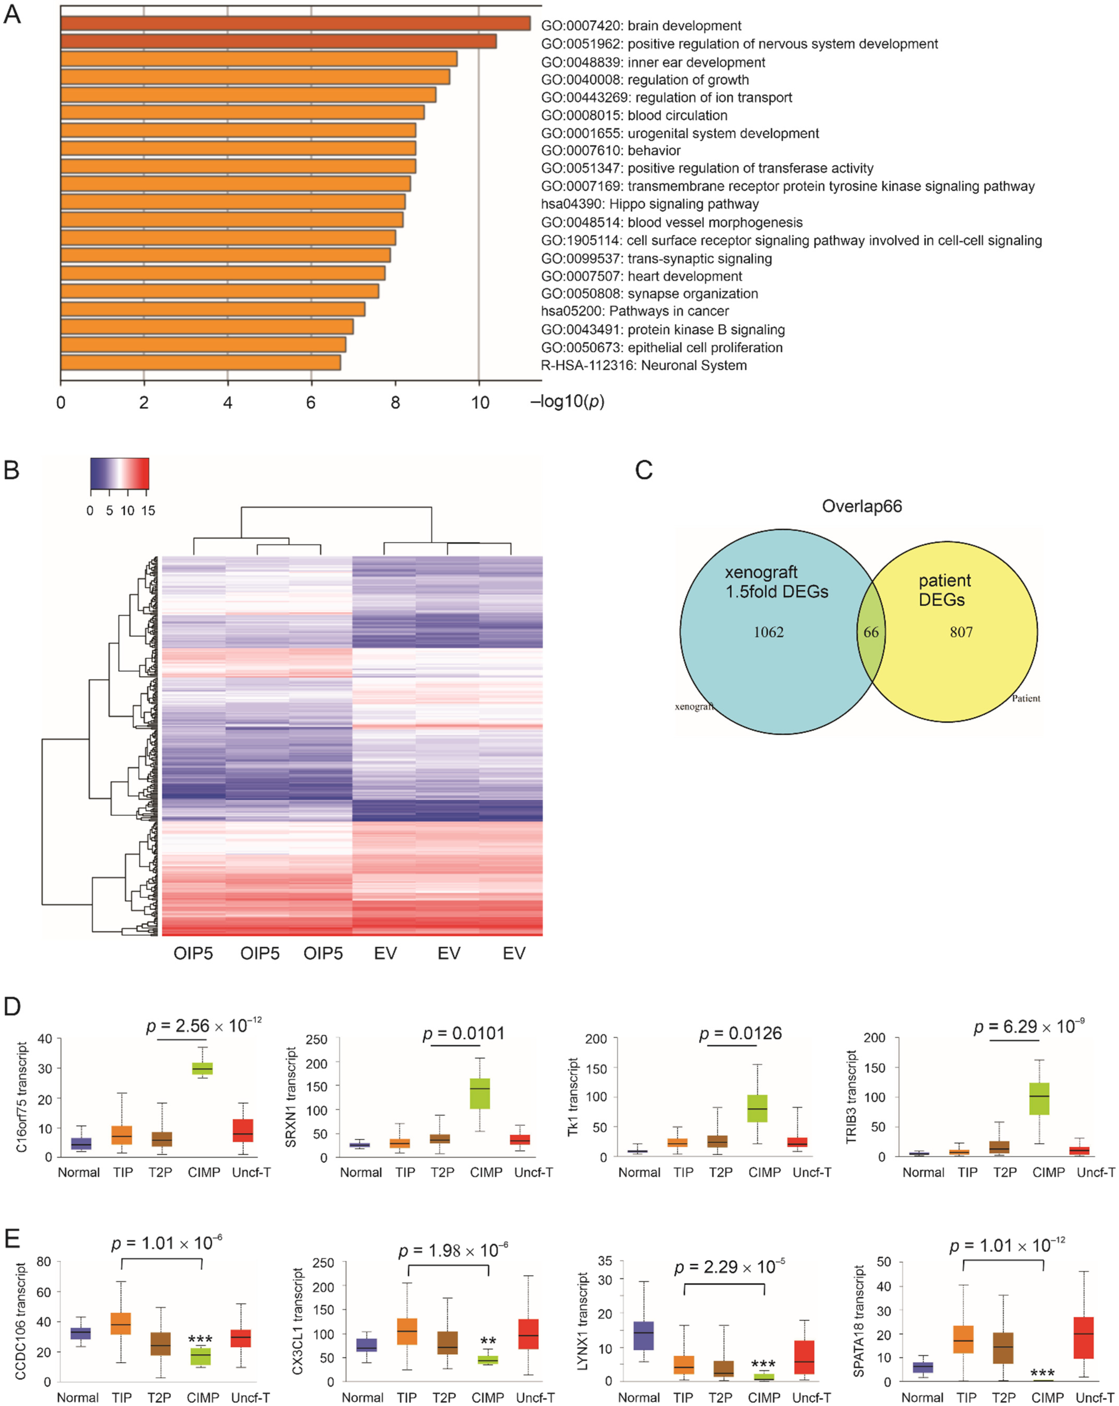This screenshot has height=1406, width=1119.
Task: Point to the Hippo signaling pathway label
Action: click(650, 204)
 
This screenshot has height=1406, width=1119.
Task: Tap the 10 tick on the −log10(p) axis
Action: click(479, 402)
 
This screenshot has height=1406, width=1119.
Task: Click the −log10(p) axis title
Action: click(568, 401)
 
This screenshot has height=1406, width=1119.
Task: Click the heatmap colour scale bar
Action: click(119, 474)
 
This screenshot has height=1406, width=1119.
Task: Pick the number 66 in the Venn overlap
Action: click(871, 632)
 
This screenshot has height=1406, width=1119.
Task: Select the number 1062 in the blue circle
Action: click(769, 632)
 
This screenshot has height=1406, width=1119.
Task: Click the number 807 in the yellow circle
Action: click(961, 632)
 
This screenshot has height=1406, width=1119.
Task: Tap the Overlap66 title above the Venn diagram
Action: click(861, 506)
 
